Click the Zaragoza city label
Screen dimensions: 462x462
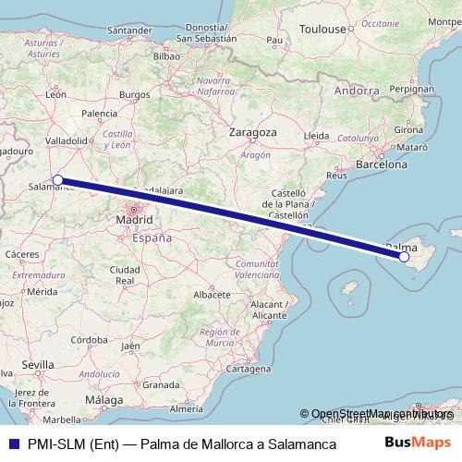coord(254,132)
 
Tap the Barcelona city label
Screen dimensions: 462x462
coord(382,164)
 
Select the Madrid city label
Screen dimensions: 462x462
coord(134,221)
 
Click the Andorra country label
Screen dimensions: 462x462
coord(357,91)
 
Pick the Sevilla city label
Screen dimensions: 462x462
coord(38,365)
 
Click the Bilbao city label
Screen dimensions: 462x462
coord(166,55)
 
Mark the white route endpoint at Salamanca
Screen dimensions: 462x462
coord(57,180)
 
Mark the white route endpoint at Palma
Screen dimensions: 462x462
coord(404,257)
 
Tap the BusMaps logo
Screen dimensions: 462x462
coord(419,444)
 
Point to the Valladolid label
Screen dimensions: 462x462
coord(66,140)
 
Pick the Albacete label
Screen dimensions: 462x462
coord(212,294)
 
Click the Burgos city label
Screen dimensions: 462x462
coord(134,94)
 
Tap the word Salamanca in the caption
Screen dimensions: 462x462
coord(306,444)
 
